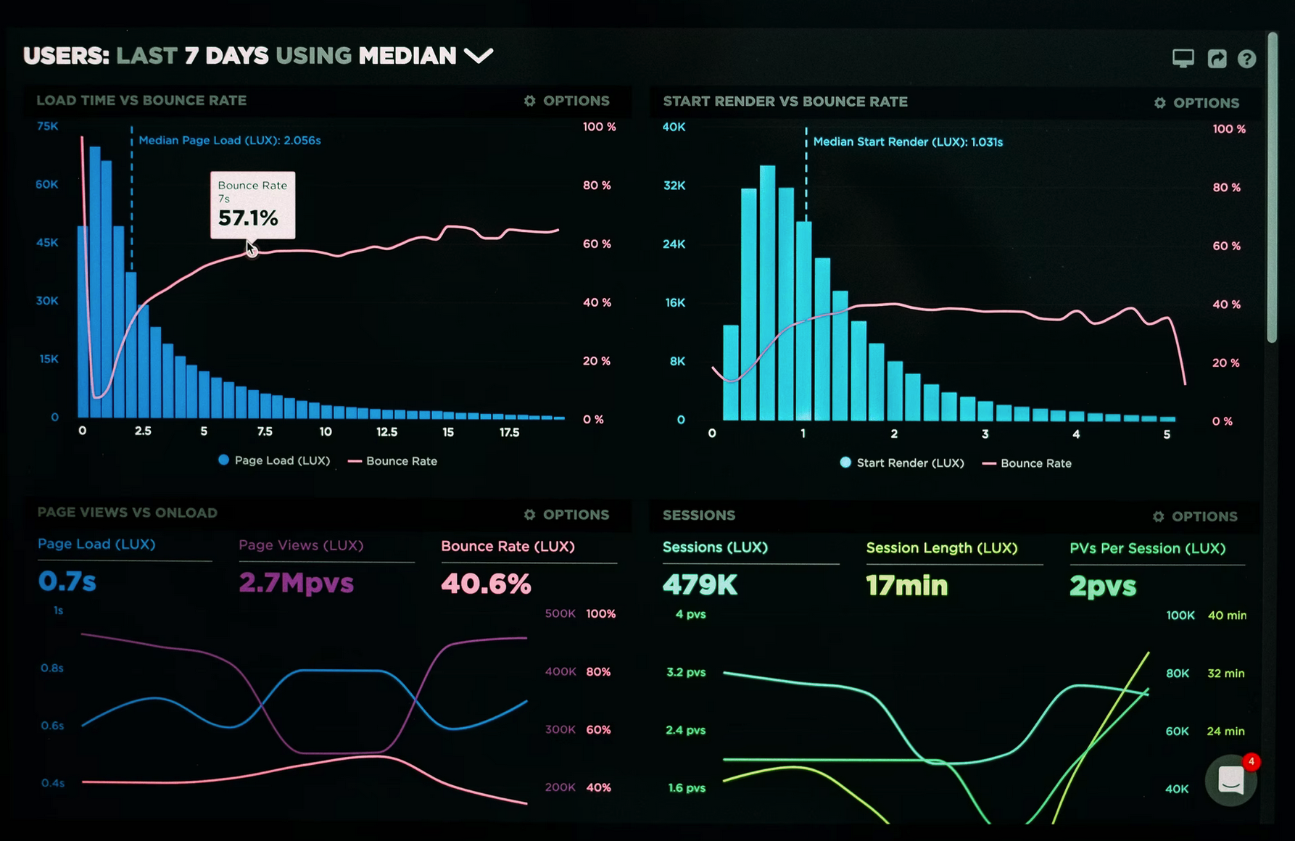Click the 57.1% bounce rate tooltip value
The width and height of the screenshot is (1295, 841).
coord(248,218)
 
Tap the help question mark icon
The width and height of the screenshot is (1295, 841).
coord(1246,59)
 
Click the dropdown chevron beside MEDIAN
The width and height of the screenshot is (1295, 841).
coord(479,56)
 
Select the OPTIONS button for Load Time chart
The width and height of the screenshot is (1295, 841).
coord(567,101)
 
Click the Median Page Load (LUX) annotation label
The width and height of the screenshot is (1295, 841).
coord(229,141)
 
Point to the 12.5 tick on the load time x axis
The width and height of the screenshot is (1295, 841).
coord(386,432)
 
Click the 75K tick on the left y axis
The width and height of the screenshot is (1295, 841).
coord(47,126)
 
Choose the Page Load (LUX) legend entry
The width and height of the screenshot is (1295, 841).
coord(274,460)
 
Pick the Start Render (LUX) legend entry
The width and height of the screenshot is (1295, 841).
coord(902,463)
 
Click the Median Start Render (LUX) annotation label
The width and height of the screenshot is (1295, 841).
coord(908,142)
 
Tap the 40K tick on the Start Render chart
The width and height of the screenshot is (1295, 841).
coord(674,127)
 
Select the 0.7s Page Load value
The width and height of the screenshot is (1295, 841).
coord(67,581)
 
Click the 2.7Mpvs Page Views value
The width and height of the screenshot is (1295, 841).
coord(296,583)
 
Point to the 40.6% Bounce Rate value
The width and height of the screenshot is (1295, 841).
coord(486,584)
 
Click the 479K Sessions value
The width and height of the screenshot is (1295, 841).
coord(700,585)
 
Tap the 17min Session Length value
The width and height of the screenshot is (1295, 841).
coord(906,586)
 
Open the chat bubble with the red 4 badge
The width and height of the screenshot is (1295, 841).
coord(1230,781)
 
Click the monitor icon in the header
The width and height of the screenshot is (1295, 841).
coord(1183,59)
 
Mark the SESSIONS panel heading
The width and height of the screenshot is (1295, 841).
coord(699,515)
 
